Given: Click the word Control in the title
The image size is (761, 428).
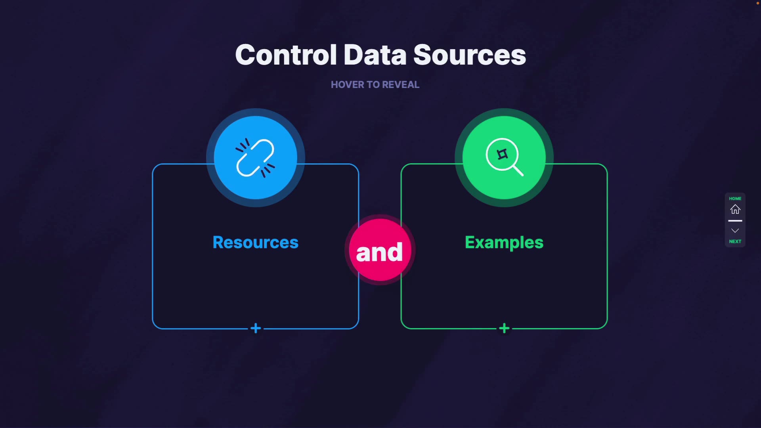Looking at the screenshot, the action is point(286,55).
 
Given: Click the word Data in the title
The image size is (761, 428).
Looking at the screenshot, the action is point(375,55).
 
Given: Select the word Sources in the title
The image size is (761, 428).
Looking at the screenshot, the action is point(470,55).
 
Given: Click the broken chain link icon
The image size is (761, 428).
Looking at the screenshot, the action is point(255,158).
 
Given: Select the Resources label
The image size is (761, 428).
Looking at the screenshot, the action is point(255,242).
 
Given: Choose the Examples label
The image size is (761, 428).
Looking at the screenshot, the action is point(504,242).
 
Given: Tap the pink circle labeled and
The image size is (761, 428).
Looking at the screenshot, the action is point(380,250).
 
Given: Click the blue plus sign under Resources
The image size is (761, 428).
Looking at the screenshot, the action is point(256,328).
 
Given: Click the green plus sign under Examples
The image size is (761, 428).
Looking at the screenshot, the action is point(504,328).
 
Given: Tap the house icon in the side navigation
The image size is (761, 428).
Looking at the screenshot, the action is point(735,209).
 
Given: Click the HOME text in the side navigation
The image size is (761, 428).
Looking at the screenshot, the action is point(735,199).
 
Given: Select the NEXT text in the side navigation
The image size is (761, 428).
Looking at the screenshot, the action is point(735,241).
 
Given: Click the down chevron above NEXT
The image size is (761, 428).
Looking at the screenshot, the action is point(735,231).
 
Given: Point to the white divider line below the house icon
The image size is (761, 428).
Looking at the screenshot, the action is point(735,221).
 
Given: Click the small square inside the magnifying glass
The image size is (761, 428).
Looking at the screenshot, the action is point(502,154).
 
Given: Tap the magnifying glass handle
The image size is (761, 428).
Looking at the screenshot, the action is point(518,171).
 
